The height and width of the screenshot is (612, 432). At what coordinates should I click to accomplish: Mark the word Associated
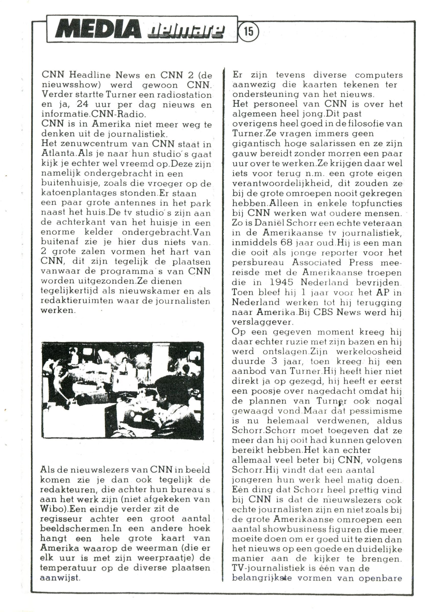click(316, 263)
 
